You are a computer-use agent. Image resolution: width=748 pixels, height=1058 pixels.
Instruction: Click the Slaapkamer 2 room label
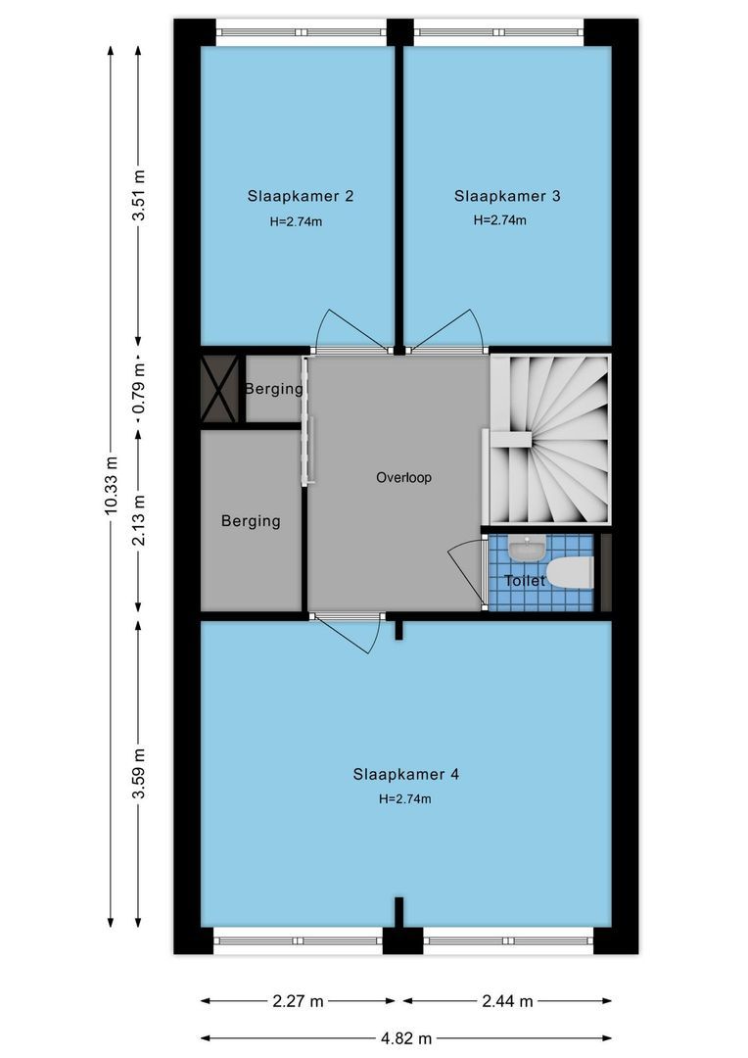[x=301, y=196]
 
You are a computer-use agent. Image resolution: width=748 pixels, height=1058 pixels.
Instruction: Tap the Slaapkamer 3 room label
[x=507, y=196]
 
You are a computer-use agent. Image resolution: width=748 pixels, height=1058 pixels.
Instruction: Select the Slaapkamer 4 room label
[x=406, y=774]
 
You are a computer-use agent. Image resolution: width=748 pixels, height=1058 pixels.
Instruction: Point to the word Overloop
[x=403, y=478]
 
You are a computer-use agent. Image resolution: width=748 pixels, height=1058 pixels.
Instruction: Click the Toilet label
[x=525, y=580]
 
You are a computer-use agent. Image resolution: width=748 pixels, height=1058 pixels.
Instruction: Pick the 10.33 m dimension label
[x=112, y=486]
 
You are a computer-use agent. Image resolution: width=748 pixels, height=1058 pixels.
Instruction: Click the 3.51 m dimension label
[x=139, y=196]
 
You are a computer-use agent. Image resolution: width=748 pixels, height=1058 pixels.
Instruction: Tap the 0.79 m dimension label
[x=139, y=389]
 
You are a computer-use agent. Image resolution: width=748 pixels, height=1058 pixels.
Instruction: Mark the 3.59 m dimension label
[x=139, y=773]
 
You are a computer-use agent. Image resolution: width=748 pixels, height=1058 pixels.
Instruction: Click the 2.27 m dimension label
[x=298, y=1001]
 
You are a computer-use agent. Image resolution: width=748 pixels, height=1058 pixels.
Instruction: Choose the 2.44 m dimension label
[x=507, y=1001]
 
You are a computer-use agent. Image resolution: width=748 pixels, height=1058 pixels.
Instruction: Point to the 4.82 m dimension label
[x=406, y=1037]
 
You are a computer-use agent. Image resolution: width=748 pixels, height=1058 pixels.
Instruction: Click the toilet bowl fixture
[x=570, y=572]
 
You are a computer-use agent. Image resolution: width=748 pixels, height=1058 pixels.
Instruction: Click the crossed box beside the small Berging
[x=220, y=389]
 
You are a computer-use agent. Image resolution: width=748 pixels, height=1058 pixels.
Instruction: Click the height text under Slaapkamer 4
[x=404, y=799]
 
